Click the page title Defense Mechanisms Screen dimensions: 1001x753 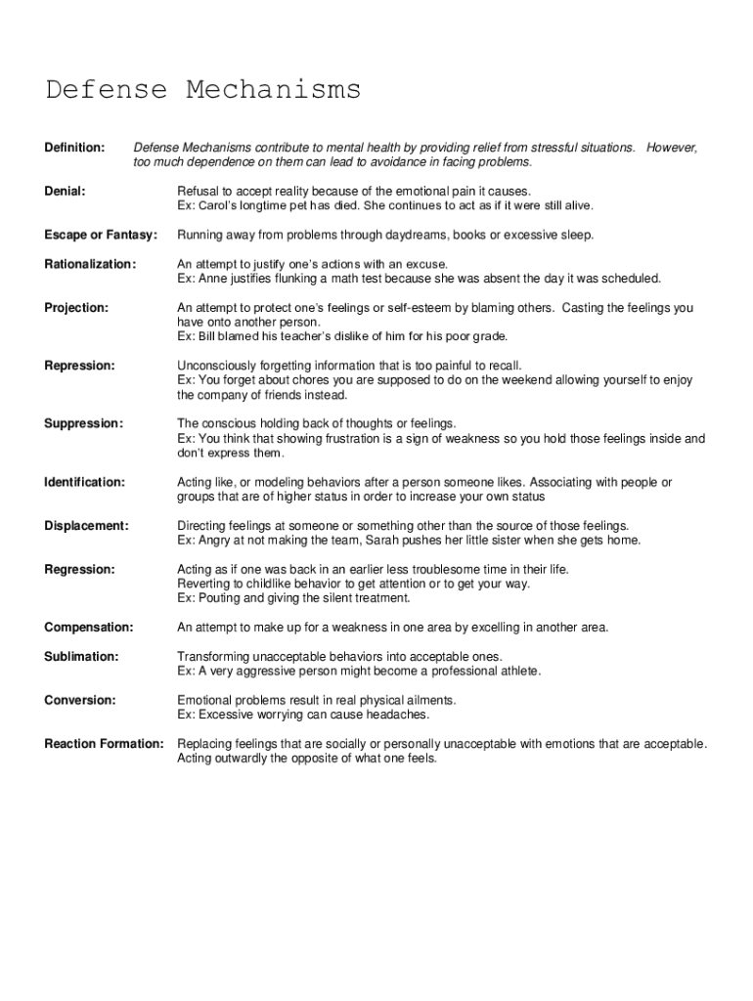coord(203,91)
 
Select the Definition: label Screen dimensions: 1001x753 coord(74,148)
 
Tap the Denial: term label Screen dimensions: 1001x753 coord(65,192)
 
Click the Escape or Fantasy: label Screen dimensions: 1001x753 coord(101,236)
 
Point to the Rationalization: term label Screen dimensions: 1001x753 coord(90,264)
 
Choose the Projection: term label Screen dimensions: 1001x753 coord(76,308)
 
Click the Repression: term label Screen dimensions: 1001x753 coord(80,366)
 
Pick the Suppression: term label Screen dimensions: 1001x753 coord(84,423)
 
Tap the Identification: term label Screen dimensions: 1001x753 coord(85,482)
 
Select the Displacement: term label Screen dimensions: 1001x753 coord(86,526)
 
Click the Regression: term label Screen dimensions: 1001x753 coord(80,569)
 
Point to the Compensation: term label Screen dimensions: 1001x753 coord(89,627)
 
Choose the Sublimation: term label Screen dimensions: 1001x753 coord(82,656)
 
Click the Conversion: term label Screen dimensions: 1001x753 coord(80,700)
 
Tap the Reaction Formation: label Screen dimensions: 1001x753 coord(105,744)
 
